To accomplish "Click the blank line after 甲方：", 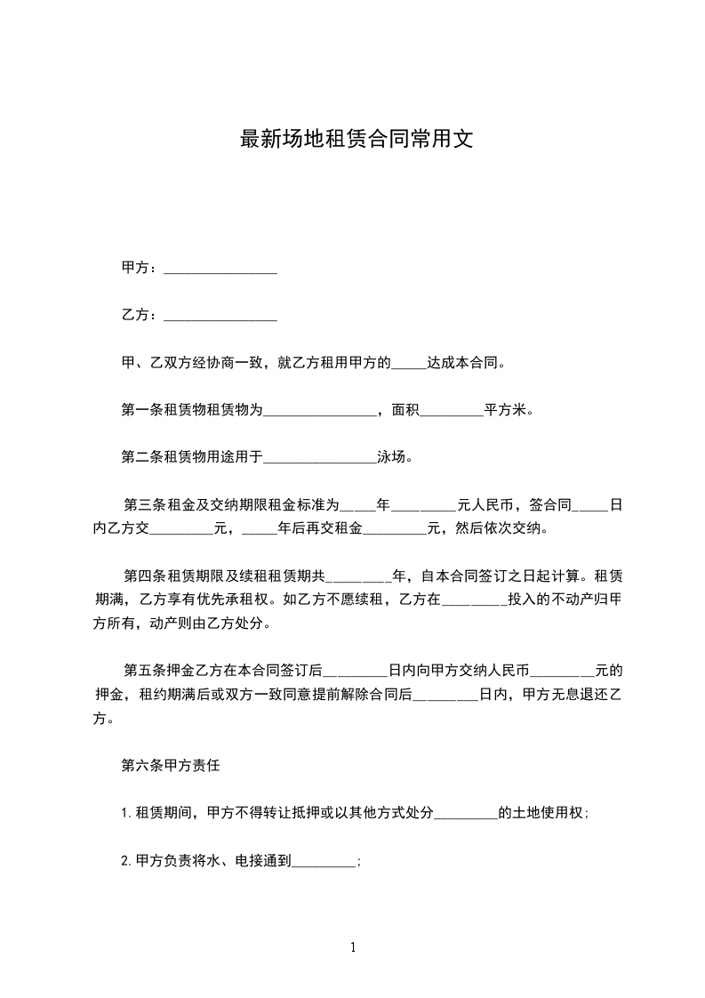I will (x=220, y=269).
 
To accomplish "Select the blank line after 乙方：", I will (x=220, y=316).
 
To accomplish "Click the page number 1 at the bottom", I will (x=353, y=947).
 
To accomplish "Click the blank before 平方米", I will (x=450, y=412).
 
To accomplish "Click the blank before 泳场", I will (x=321, y=459).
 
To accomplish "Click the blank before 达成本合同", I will (x=409, y=365).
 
